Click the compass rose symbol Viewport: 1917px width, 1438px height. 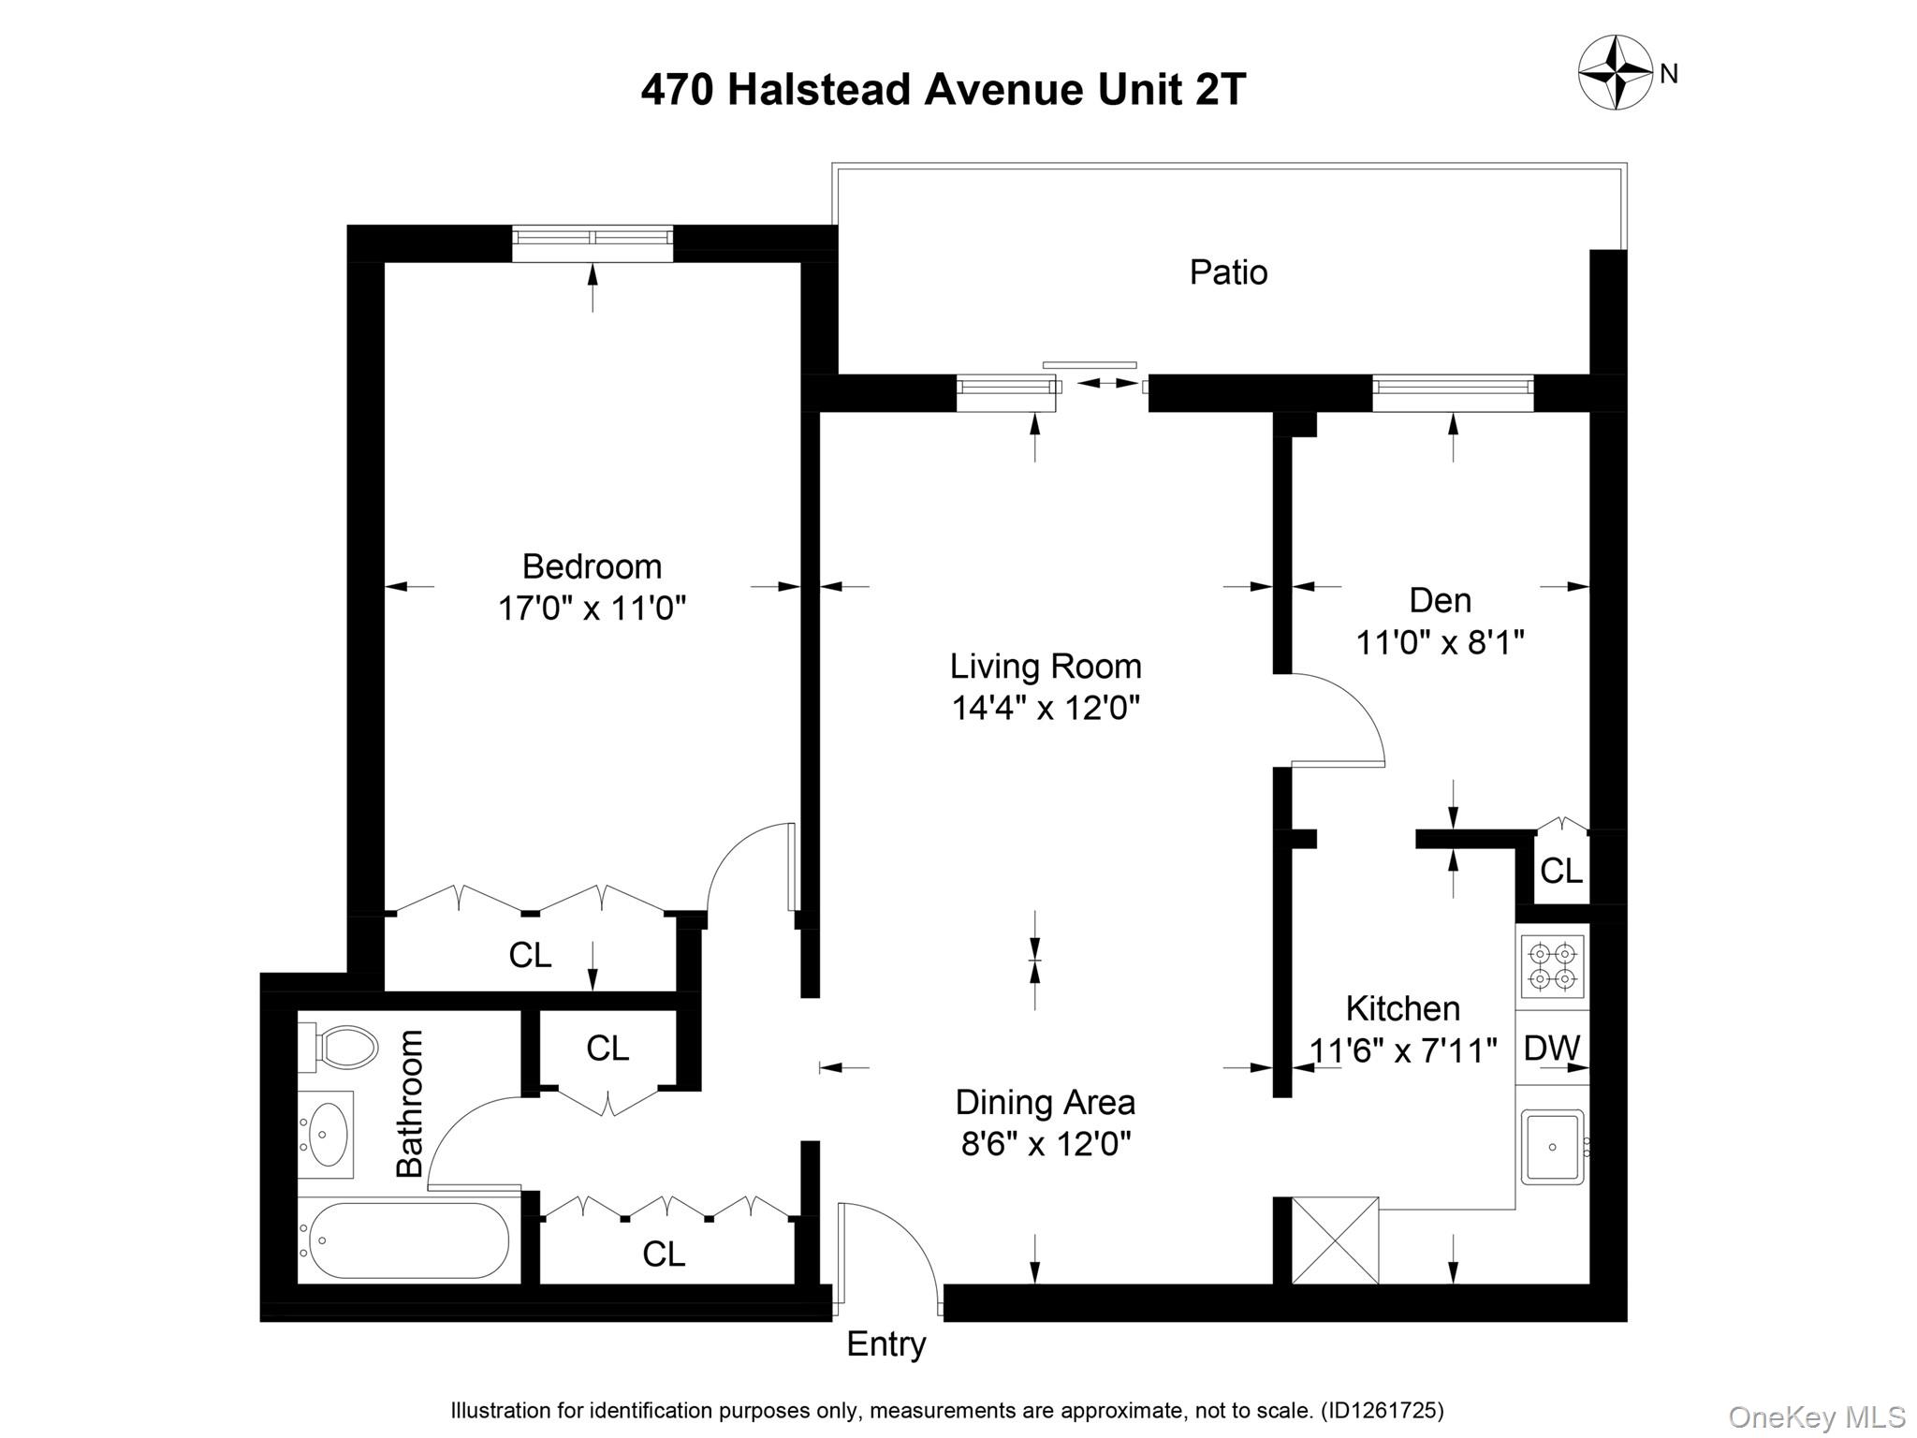[x=1616, y=72]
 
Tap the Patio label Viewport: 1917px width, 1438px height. [x=1228, y=272]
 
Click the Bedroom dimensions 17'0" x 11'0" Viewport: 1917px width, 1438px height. [x=592, y=609]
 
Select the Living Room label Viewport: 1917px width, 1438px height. [x=1046, y=667]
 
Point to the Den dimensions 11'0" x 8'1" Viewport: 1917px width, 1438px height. [x=1440, y=643]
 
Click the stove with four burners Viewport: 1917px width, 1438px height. [x=1552, y=967]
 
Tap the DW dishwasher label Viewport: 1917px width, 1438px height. [x=1552, y=1049]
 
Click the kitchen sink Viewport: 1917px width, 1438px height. [x=1552, y=1147]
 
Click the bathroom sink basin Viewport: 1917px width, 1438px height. [x=326, y=1134]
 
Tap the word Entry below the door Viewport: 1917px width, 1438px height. [x=885, y=1344]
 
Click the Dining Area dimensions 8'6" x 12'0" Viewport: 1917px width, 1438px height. [x=1046, y=1144]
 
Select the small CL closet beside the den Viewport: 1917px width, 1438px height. [x=1560, y=871]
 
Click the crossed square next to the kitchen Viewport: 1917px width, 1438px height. [x=1335, y=1240]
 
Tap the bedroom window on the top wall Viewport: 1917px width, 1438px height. [x=593, y=242]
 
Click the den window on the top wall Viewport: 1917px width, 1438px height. [x=1452, y=392]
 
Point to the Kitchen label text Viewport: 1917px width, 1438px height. [x=1402, y=1008]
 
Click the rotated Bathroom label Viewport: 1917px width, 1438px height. [x=410, y=1103]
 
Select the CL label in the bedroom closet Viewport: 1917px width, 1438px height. [x=530, y=955]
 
